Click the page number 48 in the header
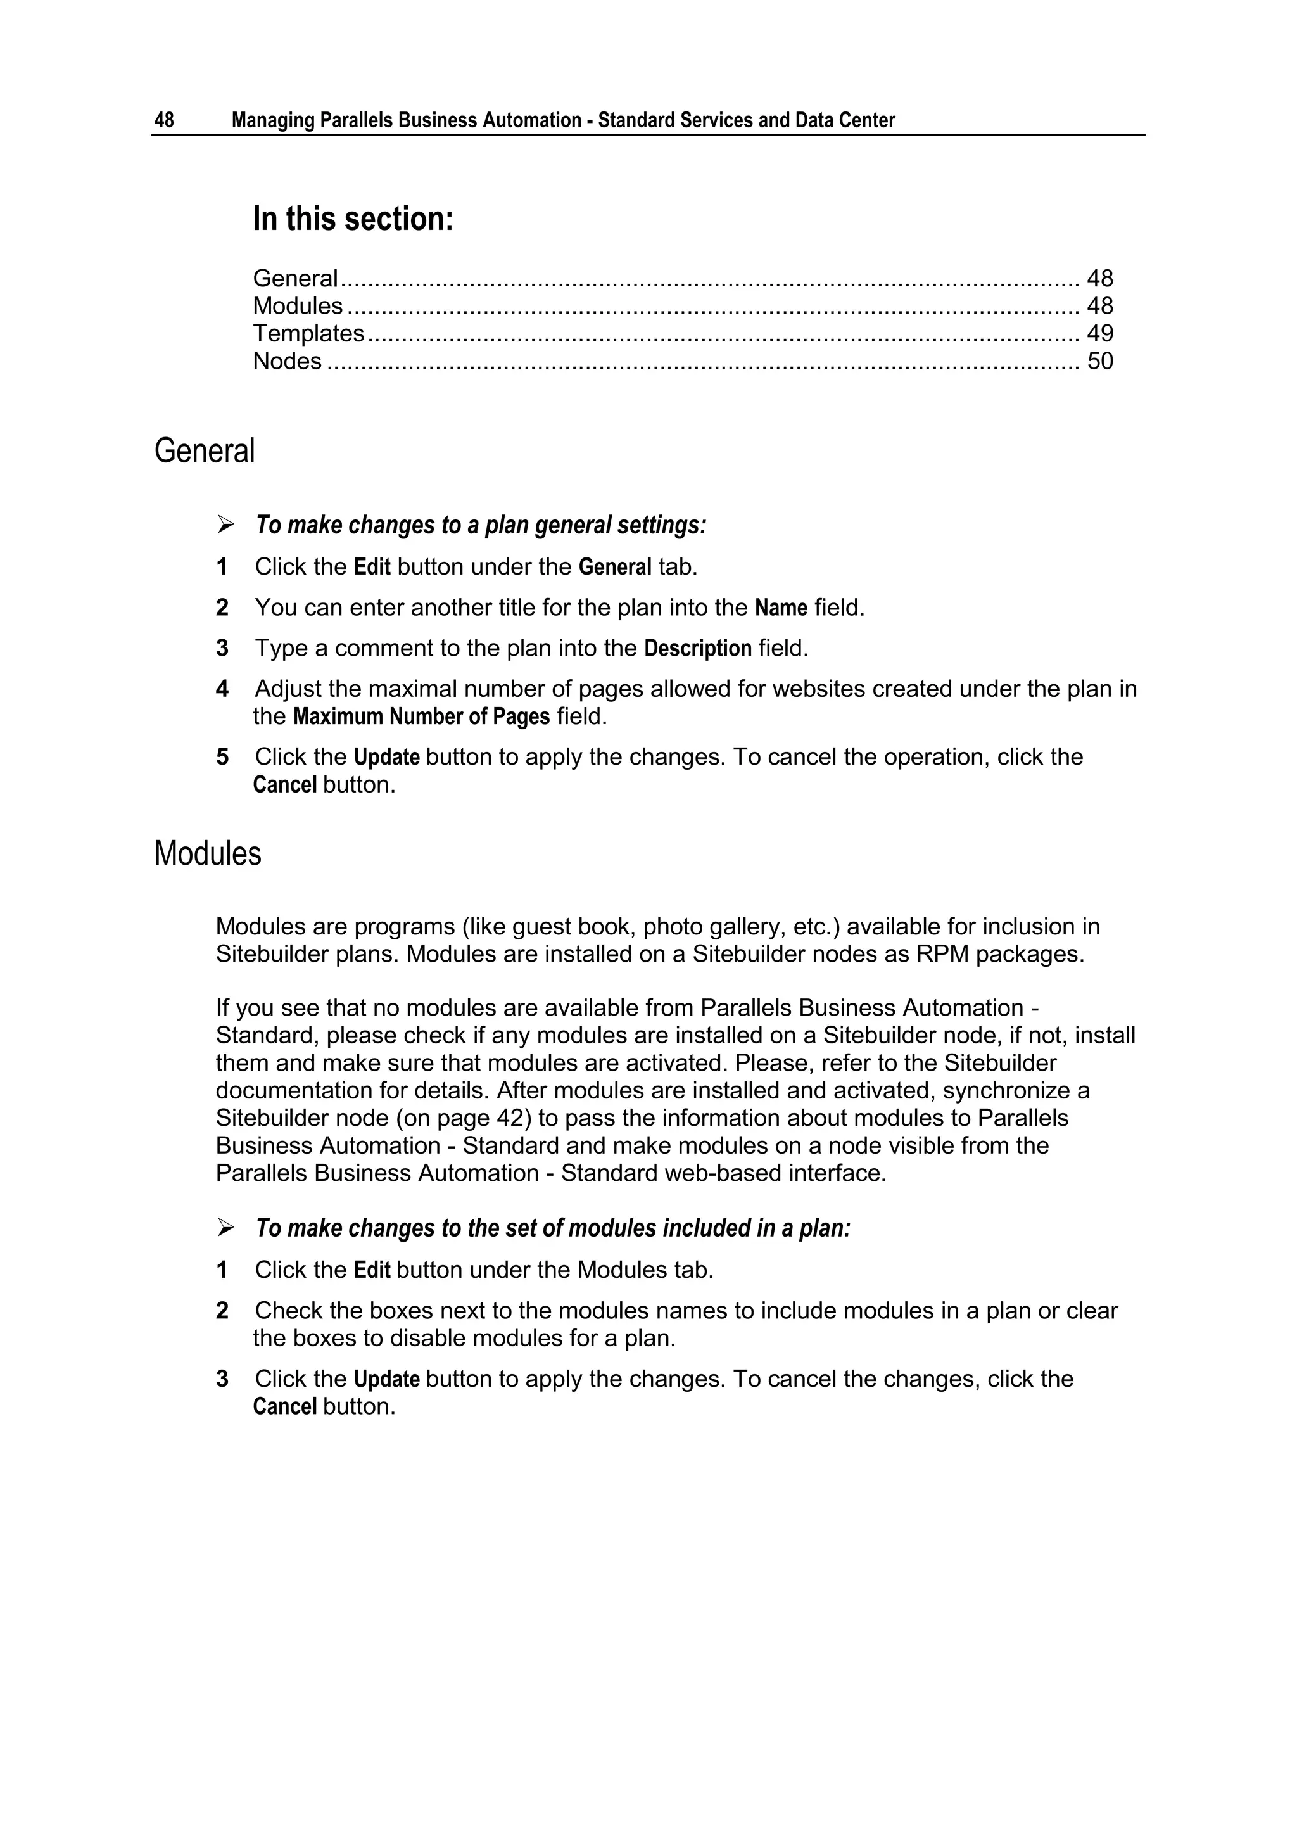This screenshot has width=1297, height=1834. click(164, 120)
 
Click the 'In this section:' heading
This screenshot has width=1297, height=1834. click(353, 219)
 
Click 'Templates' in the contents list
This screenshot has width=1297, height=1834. click(308, 333)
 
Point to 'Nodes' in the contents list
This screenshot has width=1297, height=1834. click(287, 361)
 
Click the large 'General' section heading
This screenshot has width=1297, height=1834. click(205, 450)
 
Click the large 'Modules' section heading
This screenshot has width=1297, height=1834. click(208, 853)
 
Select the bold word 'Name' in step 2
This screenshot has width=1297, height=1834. click(780, 608)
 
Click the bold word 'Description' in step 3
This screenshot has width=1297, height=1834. click(697, 649)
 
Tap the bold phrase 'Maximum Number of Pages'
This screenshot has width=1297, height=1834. click(421, 716)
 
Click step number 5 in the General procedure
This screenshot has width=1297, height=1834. click(222, 757)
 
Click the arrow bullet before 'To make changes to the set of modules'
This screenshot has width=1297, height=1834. click(226, 1228)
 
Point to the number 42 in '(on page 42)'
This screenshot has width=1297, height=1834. click(510, 1118)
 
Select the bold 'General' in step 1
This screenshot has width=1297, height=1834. click(615, 567)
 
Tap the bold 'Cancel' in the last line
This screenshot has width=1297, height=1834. click(284, 1406)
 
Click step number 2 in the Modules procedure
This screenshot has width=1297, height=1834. click(222, 1311)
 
